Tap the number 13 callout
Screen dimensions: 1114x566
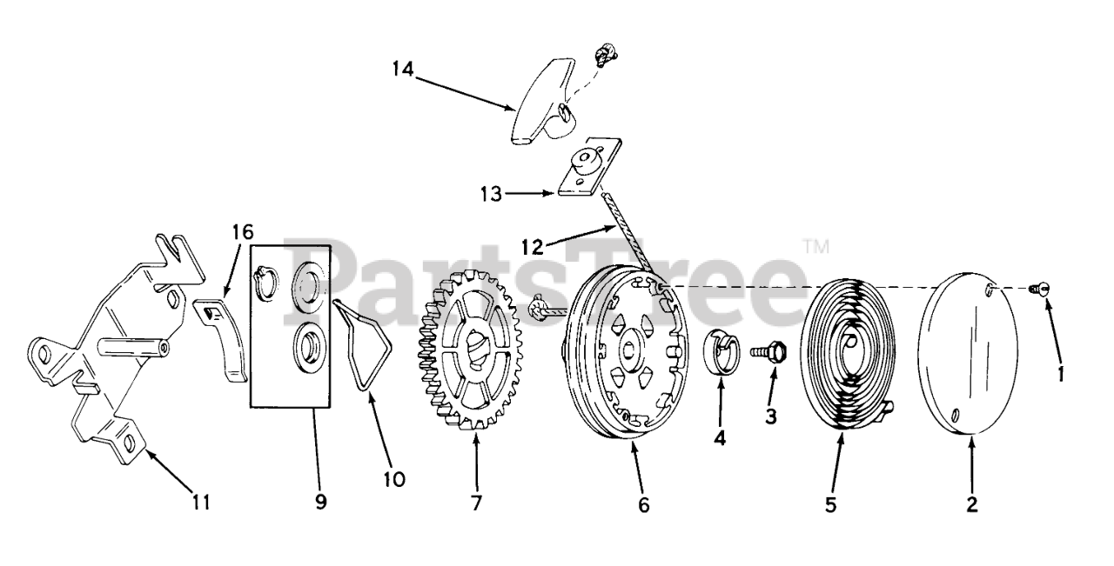[491, 194]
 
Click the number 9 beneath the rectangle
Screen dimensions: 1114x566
[321, 502]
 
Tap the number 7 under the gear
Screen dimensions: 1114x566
[477, 503]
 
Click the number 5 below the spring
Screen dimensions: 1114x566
[830, 503]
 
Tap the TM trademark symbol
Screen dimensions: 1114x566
[816, 247]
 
